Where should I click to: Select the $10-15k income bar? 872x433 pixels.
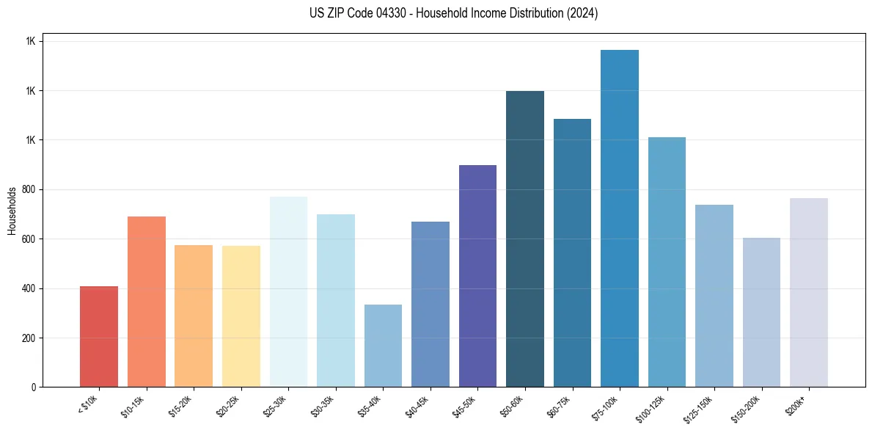point(147,301)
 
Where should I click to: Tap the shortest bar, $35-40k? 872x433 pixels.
point(383,345)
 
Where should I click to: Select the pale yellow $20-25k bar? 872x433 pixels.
point(241,316)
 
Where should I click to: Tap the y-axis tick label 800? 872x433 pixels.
point(29,189)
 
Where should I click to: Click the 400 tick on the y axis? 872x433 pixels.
point(29,288)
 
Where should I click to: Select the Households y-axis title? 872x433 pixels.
point(12,211)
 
